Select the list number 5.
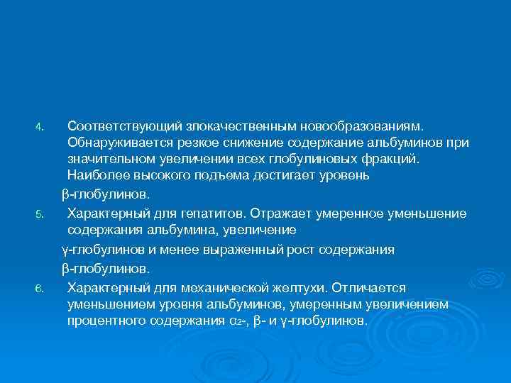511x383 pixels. [40, 213]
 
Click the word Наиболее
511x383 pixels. [96, 175]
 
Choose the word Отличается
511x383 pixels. [368, 288]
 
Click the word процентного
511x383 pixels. [104, 321]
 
